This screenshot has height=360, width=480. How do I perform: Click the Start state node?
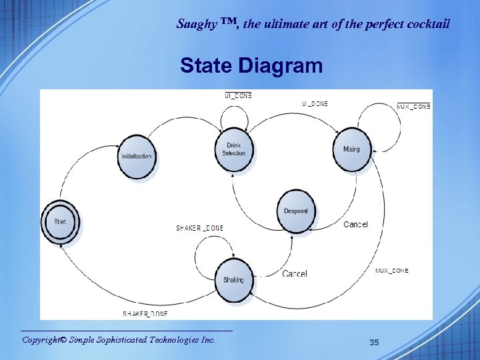click(x=60, y=222)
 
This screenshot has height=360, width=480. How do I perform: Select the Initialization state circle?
click(x=136, y=157)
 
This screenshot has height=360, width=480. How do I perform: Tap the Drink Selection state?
click(x=233, y=149)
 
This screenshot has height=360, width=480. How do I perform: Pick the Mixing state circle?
click(x=351, y=149)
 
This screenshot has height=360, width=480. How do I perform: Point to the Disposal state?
click(x=295, y=211)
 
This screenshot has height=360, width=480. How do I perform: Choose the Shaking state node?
click(x=233, y=280)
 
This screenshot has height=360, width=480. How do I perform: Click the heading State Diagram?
click(x=251, y=66)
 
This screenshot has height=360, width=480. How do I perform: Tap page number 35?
click(x=374, y=342)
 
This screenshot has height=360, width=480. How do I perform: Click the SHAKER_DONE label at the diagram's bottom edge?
click(x=145, y=314)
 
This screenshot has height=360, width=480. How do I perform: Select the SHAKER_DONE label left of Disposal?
click(x=199, y=228)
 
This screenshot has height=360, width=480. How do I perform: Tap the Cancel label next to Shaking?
click(x=295, y=273)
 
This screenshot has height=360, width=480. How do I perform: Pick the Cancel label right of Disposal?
click(x=355, y=224)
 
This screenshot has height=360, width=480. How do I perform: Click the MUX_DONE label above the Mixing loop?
click(x=413, y=107)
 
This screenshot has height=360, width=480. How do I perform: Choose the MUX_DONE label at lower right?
click(x=391, y=271)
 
